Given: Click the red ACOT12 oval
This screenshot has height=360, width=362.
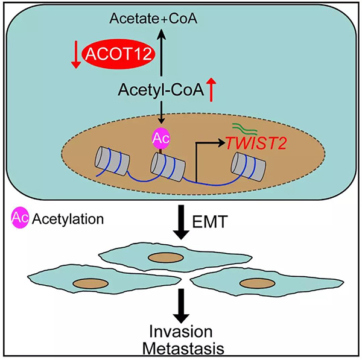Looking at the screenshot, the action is pyautogui.click(x=118, y=54).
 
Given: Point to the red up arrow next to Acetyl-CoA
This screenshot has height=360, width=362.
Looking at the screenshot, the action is pyautogui.click(x=211, y=90).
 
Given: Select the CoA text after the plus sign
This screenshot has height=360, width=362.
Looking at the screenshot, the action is pyautogui.click(x=183, y=19).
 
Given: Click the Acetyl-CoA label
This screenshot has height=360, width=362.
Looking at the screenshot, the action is pyautogui.click(x=161, y=90).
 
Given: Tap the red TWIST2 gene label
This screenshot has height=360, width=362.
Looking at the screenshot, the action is pyautogui.click(x=256, y=144).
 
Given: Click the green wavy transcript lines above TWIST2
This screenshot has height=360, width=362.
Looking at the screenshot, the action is pyautogui.click(x=244, y=128).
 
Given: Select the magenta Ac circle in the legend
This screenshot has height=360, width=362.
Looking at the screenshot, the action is pyautogui.click(x=20, y=217).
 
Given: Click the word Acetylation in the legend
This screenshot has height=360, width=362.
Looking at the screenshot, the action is pyautogui.click(x=68, y=219).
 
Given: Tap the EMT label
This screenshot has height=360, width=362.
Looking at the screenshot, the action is pyautogui.click(x=210, y=222).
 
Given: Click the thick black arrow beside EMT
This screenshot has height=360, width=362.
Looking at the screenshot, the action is pyautogui.click(x=181, y=222).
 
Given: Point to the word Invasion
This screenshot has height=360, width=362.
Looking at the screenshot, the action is pyautogui.click(x=181, y=332).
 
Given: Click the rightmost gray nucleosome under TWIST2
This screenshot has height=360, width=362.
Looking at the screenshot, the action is pyautogui.click(x=249, y=166).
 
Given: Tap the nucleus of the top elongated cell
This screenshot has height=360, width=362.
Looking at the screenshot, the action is pyautogui.click(x=166, y=257).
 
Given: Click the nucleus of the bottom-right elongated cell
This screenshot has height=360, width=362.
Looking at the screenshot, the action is pyautogui.click(x=258, y=283).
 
